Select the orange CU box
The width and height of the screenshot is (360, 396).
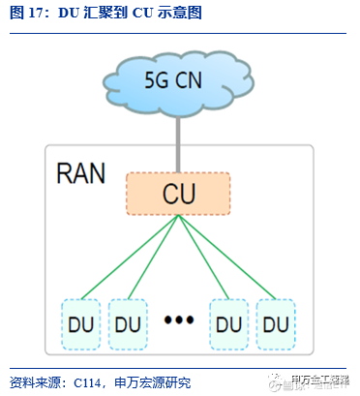click(x=179, y=194)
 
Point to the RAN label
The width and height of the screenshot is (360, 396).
click(x=82, y=173)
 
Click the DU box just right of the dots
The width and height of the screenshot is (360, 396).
click(x=230, y=321)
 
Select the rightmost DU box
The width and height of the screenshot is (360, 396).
click(x=277, y=321)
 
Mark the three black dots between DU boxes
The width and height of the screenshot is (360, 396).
click(x=179, y=320)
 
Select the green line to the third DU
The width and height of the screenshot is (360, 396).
click(x=204, y=257)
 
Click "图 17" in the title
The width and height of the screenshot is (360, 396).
click(x=25, y=15)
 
